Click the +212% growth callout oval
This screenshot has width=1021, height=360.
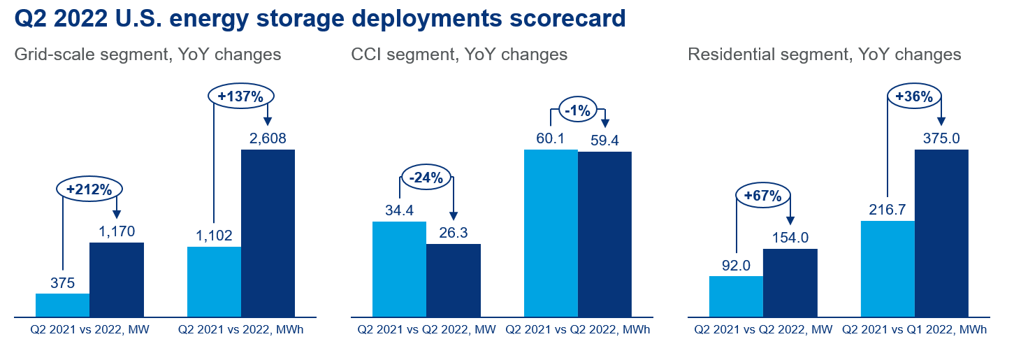point(89,189)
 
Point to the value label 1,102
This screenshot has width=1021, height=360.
point(214,236)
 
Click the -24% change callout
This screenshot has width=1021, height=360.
point(426,178)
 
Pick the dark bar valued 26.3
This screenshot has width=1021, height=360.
point(453,281)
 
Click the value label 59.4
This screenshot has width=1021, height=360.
point(605,139)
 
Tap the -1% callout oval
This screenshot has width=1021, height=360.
point(578,110)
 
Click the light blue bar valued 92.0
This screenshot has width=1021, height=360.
point(736,297)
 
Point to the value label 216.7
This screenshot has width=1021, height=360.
point(888,210)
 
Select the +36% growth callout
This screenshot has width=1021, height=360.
point(914,96)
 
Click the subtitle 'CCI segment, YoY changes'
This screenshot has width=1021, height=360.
point(459,55)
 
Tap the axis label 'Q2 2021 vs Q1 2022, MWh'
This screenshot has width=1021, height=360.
point(915,329)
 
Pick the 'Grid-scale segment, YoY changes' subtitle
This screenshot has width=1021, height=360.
point(147,55)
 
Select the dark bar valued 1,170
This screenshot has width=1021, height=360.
point(117,280)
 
